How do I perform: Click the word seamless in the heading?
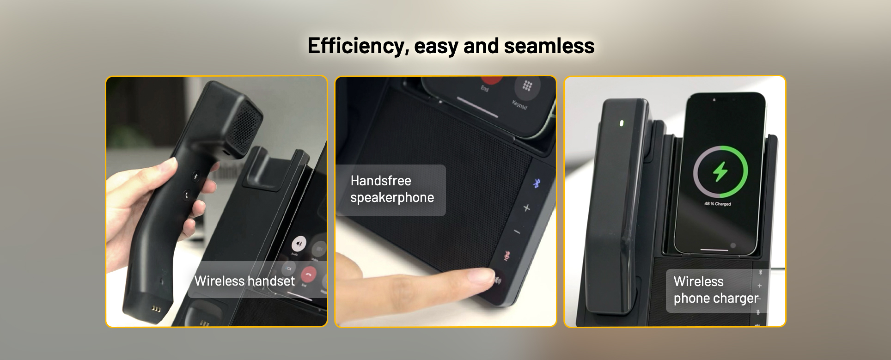549,46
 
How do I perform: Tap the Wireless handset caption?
244,281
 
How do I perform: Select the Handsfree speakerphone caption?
391,189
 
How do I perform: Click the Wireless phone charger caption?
715,290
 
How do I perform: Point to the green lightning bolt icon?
720,172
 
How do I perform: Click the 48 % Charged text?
717,204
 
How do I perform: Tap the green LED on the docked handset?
622,123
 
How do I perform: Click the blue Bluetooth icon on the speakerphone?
537,183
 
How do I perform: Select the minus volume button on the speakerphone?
517,232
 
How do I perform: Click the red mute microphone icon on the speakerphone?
507,256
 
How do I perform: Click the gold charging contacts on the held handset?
156,309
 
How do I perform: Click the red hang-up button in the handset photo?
308,275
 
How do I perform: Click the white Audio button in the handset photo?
299,243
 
